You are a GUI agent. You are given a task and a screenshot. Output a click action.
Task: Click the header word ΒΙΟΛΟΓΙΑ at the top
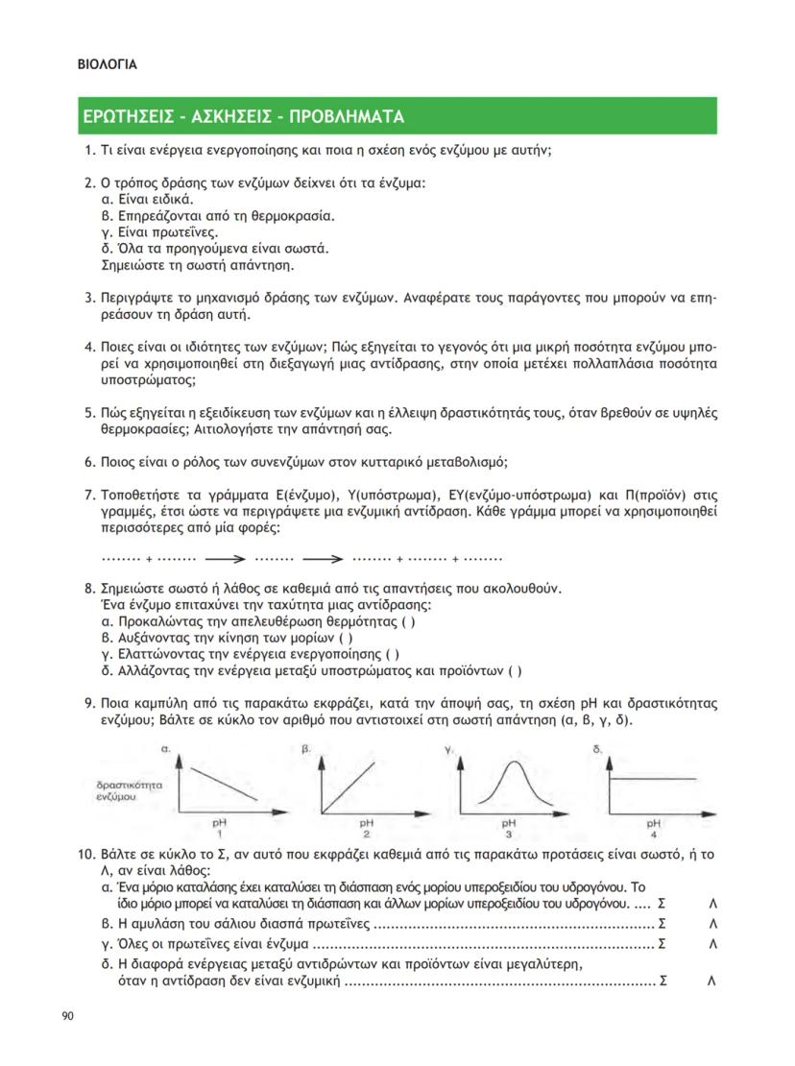107,65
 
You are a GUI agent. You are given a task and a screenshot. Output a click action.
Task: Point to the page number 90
67,1016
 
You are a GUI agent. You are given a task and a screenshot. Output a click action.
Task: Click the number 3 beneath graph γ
509,834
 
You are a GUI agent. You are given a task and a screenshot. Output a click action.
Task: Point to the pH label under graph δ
653,823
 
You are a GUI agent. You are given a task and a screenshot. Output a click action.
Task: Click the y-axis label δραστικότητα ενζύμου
122,790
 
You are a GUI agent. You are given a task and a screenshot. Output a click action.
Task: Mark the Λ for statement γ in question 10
712,943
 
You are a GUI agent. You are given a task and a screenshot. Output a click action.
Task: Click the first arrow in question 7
227,558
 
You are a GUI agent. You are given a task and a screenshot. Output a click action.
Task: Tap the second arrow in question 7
323,558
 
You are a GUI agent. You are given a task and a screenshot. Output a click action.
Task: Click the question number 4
89,347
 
